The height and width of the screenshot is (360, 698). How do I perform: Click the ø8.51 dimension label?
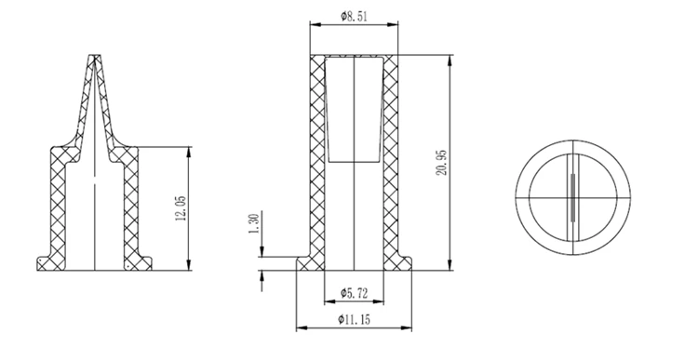(x=355, y=17)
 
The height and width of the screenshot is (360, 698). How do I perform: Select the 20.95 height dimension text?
(x=441, y=162)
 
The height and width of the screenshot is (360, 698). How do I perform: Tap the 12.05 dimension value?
(x=181, y=208)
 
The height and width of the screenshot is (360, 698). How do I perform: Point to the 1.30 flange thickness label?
(x=255, y=224)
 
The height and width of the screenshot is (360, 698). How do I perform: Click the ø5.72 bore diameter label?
(x=355, y=293)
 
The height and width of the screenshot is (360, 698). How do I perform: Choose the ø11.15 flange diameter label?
(x=354, y=319)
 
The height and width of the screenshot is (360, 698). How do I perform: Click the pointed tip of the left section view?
(x=94, y=56)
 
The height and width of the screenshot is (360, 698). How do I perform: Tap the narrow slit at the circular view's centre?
(x=572, y=197)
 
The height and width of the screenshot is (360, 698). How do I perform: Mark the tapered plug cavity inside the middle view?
(x=354, y=109)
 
